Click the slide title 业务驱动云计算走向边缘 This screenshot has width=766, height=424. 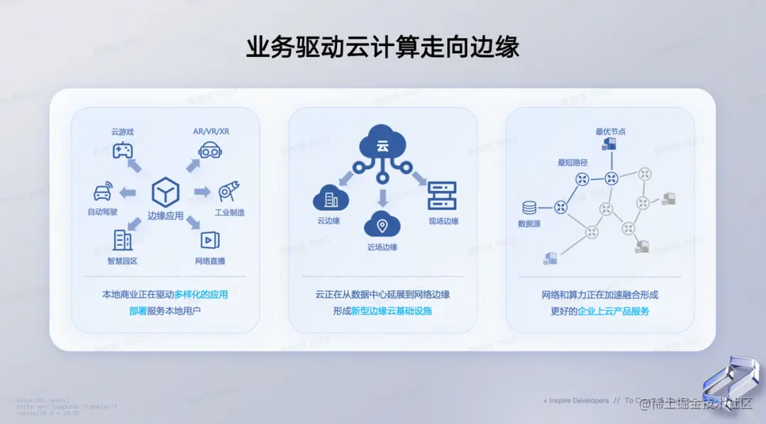point(382,46)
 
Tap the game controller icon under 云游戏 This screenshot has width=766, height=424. point(123,150)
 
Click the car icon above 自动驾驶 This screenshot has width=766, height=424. point(103,192)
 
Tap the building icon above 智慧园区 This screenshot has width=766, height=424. point(123,239)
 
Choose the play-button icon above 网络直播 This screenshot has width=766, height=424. point(210,240)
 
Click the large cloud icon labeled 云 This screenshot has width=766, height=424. point(383,145)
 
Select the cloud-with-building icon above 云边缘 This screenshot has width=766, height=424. point(330,197)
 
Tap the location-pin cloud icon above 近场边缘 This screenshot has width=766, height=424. point(382,226)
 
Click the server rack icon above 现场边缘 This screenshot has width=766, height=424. point(442,195)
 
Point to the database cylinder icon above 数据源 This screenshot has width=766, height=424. point(529,208)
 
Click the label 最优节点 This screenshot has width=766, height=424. point(611,131)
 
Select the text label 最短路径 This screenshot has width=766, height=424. point(572,163)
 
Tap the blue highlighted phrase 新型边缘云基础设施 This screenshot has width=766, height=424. point(392,311)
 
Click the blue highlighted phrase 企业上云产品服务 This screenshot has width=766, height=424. point(614,311)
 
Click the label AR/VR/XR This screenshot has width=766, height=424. point(211,131)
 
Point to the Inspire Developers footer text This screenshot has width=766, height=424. point(576,401)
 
